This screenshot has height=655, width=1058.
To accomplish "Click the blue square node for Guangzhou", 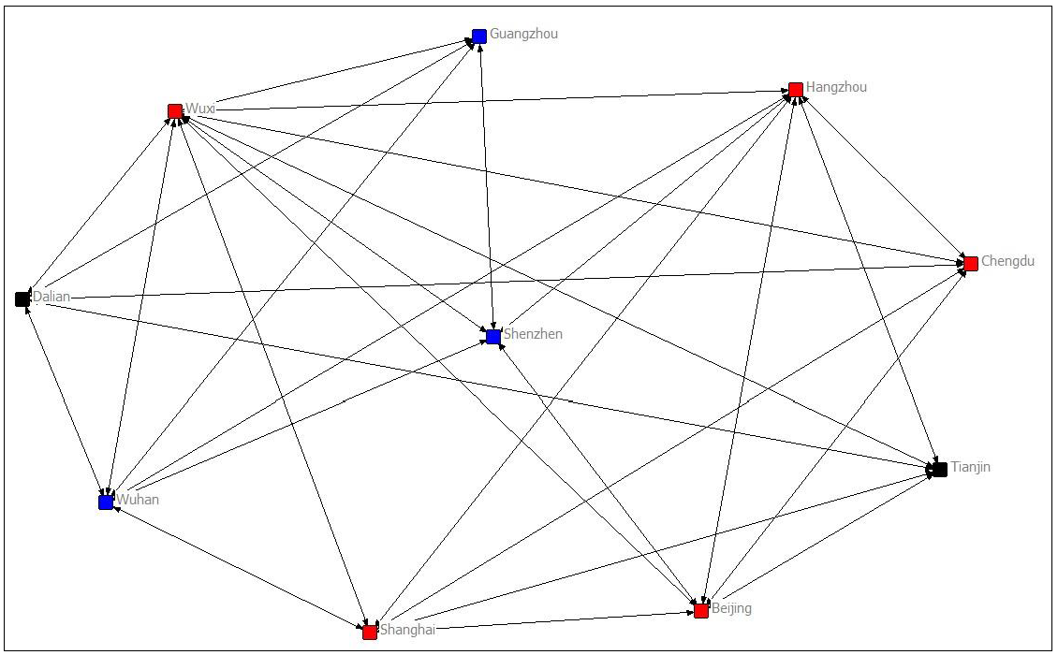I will point(479,36).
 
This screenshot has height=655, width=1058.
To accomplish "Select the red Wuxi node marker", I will point(175,111).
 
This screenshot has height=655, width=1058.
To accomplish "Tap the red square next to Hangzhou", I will point(796,89).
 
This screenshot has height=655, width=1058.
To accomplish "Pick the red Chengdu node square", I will point(971,264).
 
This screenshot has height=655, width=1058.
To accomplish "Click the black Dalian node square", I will point(22,299).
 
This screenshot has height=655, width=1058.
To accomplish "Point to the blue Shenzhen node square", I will point(493,337).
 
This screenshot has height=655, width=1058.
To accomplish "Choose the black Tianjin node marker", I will point(940,469).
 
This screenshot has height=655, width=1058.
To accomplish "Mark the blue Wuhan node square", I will point(106,502).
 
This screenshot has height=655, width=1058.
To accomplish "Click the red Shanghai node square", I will point(370,632).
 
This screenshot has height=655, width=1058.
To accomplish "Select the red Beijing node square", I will point(701,610).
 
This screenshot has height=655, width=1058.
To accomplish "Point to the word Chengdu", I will point(1007,262).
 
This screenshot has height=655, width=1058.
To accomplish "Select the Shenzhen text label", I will point(533,334).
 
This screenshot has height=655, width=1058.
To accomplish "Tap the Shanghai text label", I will point(407,630).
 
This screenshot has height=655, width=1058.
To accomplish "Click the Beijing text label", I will point(731,608).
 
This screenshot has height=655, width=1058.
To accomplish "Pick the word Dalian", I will point(51,298).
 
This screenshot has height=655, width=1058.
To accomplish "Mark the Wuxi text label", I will point(199,109).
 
